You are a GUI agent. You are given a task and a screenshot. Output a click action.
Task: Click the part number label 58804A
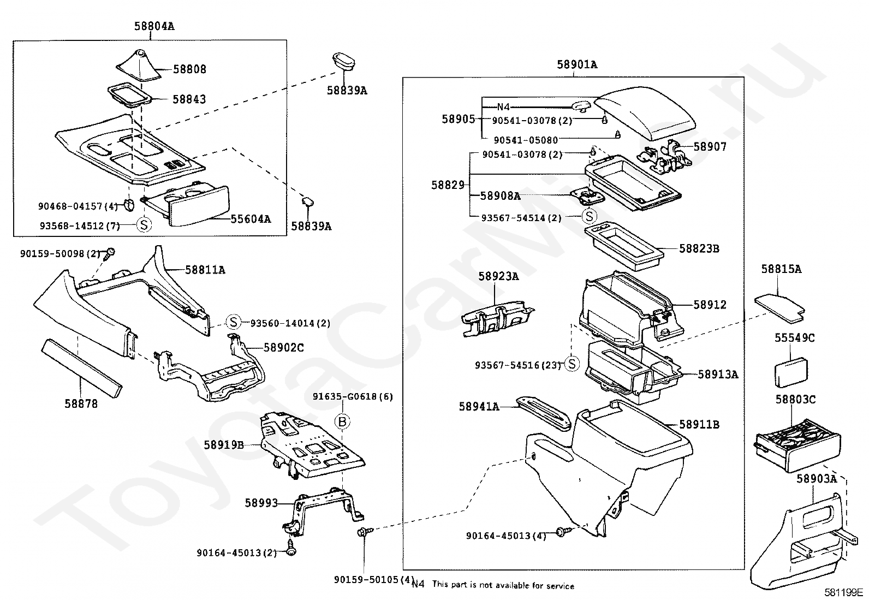pos(154,26)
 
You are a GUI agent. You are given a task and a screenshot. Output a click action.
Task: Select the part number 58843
pos(189,99)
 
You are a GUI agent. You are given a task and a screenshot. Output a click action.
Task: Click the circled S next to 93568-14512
pos(144,225)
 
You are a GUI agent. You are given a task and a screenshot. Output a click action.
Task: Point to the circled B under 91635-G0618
pos(342,421)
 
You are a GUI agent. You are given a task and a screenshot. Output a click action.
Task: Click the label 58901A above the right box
pos(577,64)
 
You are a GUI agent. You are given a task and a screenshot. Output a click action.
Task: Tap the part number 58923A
pos(498,276)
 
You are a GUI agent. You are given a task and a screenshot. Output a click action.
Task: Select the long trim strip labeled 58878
pos(81,369)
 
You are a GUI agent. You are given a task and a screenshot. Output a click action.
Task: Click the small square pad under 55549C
pos(791,372)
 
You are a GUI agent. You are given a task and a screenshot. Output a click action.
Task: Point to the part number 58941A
pos(479,407)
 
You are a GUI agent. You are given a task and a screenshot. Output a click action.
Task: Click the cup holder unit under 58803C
pos(797,445)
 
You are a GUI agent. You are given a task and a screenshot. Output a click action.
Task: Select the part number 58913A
pos(718,375)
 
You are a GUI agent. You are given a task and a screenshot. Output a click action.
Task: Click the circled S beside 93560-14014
pos(233,322)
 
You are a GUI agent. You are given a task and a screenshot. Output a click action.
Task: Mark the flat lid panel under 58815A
pos(780,308)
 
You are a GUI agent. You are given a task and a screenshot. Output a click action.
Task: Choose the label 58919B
pos(224,445)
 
